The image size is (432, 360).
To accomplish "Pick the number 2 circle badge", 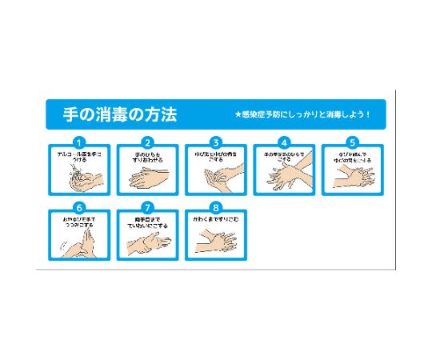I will [x=147, y=142].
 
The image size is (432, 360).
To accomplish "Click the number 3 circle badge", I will [x=215, y=142].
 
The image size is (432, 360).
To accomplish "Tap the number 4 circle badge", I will [x=283, y=142].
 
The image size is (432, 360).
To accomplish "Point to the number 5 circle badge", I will [x=352, y=142].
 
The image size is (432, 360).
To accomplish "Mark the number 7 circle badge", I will [x=147, y=206].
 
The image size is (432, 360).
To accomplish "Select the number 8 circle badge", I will [x=215, y=206].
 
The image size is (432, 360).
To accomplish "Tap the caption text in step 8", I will [x=215, y=218].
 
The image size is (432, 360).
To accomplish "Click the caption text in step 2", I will [x=147, y=156].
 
